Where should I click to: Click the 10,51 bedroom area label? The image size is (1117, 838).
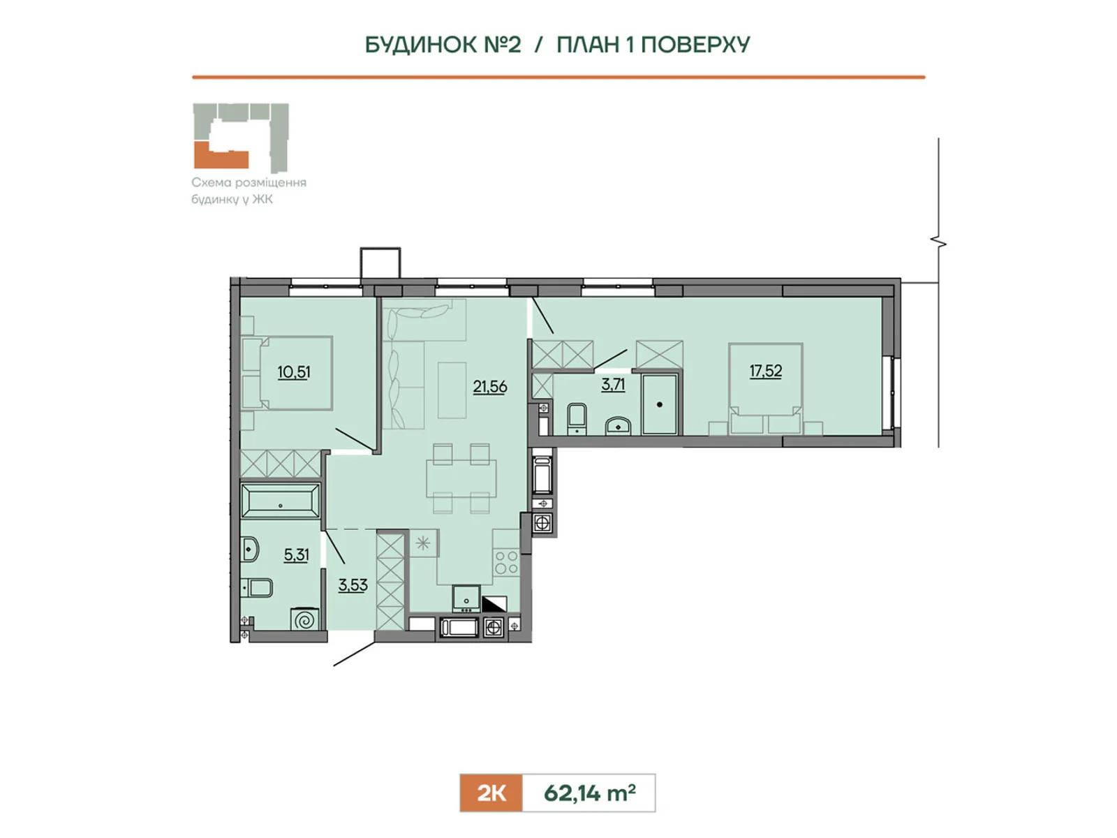294,372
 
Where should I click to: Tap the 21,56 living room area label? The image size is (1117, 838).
490,387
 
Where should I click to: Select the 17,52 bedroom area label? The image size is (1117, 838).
765,371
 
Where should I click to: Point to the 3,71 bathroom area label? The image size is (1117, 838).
613,385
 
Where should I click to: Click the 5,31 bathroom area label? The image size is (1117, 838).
296,554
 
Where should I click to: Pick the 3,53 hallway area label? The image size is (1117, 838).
353,585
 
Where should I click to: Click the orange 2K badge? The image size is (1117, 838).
491,793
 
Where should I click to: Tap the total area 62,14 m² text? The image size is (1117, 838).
590,793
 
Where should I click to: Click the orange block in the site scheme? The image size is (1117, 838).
221,156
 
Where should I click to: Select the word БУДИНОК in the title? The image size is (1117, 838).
421,45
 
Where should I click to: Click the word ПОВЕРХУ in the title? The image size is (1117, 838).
695,45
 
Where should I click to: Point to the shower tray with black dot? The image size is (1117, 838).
660,404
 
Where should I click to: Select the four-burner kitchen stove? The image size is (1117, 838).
507,562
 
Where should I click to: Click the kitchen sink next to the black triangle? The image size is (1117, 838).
466,599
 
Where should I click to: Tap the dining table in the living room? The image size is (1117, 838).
461,478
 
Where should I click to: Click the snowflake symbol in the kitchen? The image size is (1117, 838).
423,544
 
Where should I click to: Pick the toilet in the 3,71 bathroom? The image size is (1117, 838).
577,419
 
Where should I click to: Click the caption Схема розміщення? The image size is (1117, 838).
249,182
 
